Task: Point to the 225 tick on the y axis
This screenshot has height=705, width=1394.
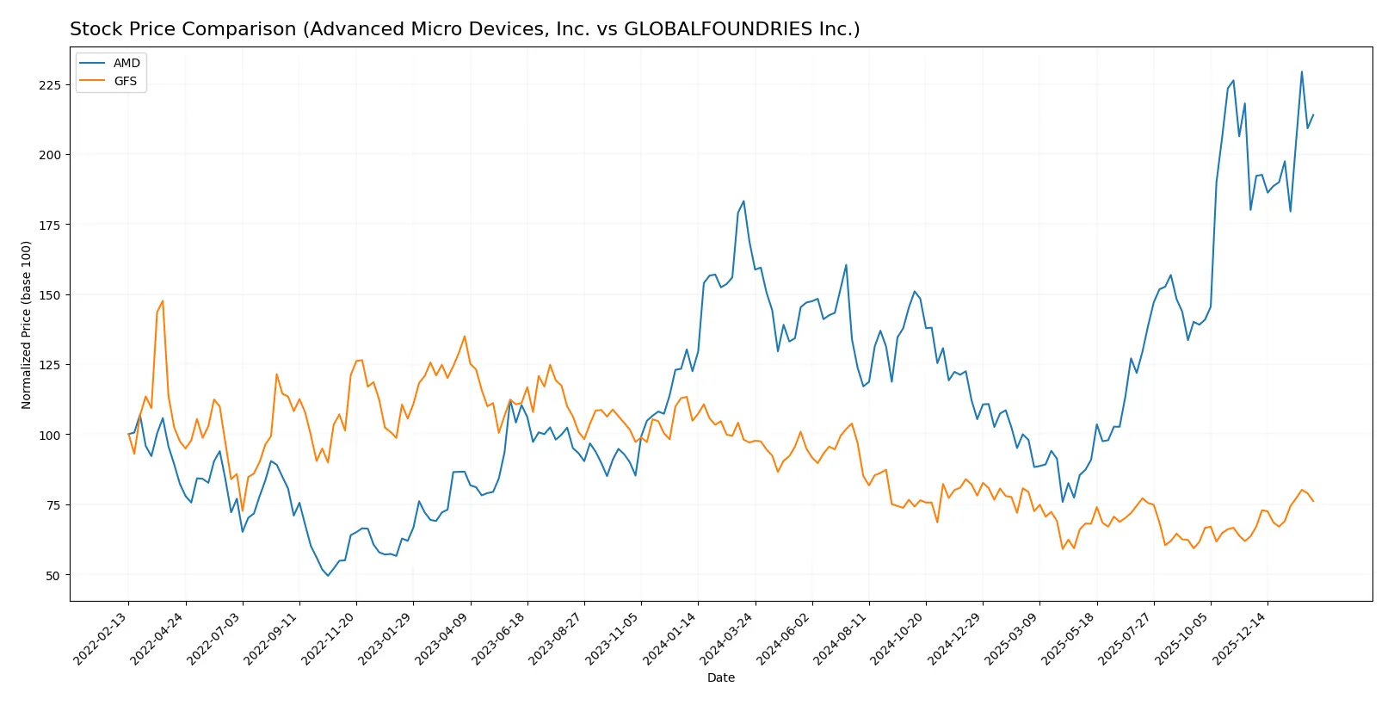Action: pyautogui.click(x=49, y=85)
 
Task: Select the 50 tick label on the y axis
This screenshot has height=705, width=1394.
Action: pyautogui.click(x=52, y=575)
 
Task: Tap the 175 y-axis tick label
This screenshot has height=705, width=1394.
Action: pyautogui.click(x=49, y=225)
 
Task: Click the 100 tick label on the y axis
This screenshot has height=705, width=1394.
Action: pyautogui.click(x=49, y=435)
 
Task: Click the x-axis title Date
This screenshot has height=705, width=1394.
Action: pyautogui.click(x=720, y=677)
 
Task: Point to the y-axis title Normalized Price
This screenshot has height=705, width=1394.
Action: pyautogui.click(x=27, y=325)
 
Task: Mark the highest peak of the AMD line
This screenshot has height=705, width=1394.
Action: pyautogui.click(x=1301, y=71)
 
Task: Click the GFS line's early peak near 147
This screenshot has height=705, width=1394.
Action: pyautogui.click(x=163, y=301)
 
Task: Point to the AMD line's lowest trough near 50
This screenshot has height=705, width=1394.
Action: pyautogui.click(x=328, y=575)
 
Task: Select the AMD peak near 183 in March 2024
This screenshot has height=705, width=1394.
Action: pyautogui.click(x=743, y=201)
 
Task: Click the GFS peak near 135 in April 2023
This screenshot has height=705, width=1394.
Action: pyautogui.click(x=465, y=337)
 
